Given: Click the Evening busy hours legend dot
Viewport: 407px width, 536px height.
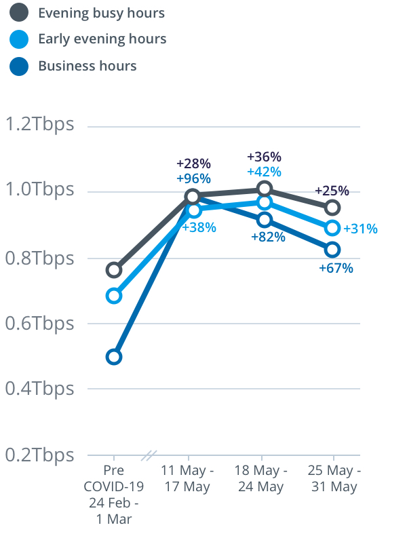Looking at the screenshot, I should (x=20, y=13).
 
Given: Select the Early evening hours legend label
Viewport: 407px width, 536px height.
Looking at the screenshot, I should (x=102, y=39).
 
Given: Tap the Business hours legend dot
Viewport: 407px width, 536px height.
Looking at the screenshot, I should (x=20, y=66).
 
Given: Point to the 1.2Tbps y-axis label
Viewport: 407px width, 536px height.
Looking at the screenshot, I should (x=39, y=125).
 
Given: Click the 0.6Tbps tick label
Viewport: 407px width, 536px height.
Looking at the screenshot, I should (x=39, y=323).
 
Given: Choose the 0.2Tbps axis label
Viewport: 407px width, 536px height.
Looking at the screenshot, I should (x=39, y=455).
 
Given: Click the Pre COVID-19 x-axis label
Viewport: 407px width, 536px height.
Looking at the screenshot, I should (x=114, y=495).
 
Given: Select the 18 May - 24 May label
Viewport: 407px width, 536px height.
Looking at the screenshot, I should (x=261, y=478).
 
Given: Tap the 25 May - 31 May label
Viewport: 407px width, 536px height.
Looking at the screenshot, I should (x=334, y=478).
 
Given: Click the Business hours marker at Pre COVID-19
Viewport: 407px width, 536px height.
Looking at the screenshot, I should (x=114, y=357).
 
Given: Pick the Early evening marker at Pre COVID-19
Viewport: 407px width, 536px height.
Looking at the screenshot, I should (x=114, y=296).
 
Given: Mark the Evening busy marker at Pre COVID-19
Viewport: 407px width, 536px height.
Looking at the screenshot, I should (x=114, y=270).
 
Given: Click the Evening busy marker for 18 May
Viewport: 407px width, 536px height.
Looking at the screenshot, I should (x=265, y=189).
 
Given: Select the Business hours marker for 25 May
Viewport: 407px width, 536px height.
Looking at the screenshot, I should (x=332, y=249).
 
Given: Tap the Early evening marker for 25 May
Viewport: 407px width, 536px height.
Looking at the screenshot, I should (x=332, y=227).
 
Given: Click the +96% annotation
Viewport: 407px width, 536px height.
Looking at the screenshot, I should (x=193, y=179).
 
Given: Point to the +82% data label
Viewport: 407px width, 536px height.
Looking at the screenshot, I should (x=268, y=237).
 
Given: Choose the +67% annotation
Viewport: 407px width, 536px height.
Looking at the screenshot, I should (x=336, y=268).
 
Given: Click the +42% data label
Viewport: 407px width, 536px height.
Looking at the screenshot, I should (x=264, y=172).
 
